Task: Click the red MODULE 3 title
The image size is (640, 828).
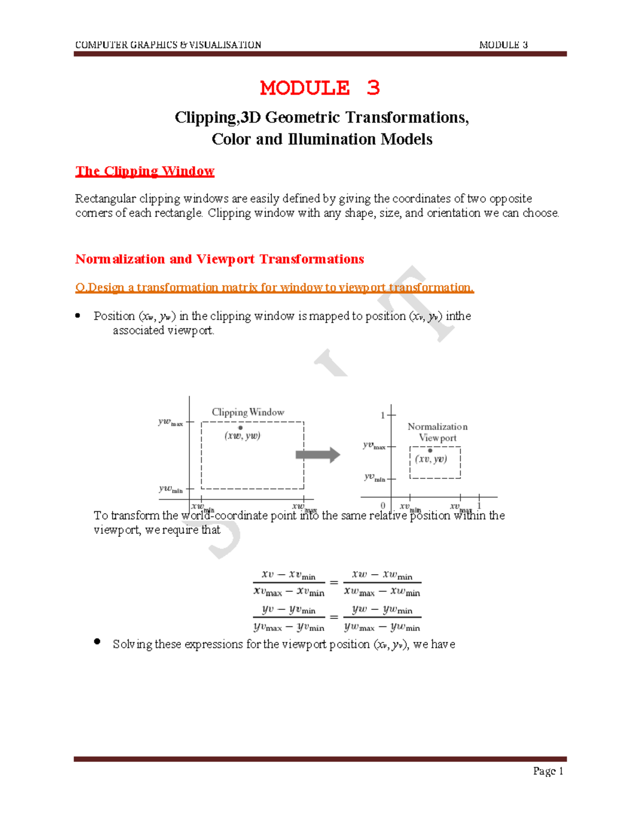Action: [319, 88]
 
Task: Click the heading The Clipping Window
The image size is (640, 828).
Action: [145, 171]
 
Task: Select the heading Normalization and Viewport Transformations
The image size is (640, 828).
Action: [219, 259]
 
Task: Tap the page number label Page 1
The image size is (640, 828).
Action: [548, 771]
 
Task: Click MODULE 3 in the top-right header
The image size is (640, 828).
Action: [503, 45]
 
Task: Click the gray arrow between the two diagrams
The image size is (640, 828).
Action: [318, 455]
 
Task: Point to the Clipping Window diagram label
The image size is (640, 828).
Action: [248, 412]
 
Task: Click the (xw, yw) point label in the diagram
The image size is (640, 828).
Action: [242, 436]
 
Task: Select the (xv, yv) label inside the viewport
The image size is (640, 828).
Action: [431, 459]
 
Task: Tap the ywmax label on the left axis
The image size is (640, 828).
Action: [170, 422]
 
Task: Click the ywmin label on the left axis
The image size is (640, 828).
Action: [170, 488]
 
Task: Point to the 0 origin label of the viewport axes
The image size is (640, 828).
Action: [383, 505]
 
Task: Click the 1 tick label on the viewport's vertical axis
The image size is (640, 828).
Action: [382, 415]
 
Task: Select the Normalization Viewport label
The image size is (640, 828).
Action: [437, 432]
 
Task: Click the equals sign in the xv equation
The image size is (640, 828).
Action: [334, 583]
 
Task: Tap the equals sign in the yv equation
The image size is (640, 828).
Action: [334, 617]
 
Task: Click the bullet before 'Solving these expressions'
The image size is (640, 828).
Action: [97, 642]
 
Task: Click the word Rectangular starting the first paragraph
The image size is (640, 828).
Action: [105, 199]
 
